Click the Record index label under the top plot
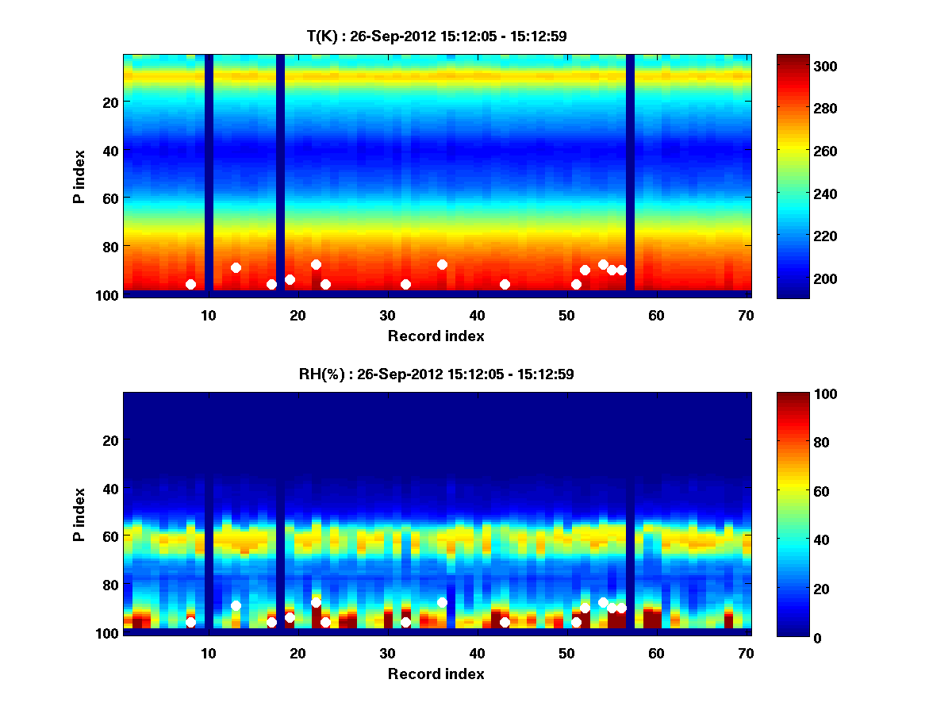[x=436, y=336]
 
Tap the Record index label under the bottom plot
[x=436, y=674]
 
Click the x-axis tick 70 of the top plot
[x=746, y=314]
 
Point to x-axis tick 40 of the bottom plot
[x=477, y=652]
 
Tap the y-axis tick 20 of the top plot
[x=109, y=102]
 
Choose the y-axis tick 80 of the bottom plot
[x=109, y=585]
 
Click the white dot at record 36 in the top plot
[x=442, y=264]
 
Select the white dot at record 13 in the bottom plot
[x=236, y=605]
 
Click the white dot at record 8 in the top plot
[x=190, y=284]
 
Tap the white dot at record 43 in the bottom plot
[x=505, y=622]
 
